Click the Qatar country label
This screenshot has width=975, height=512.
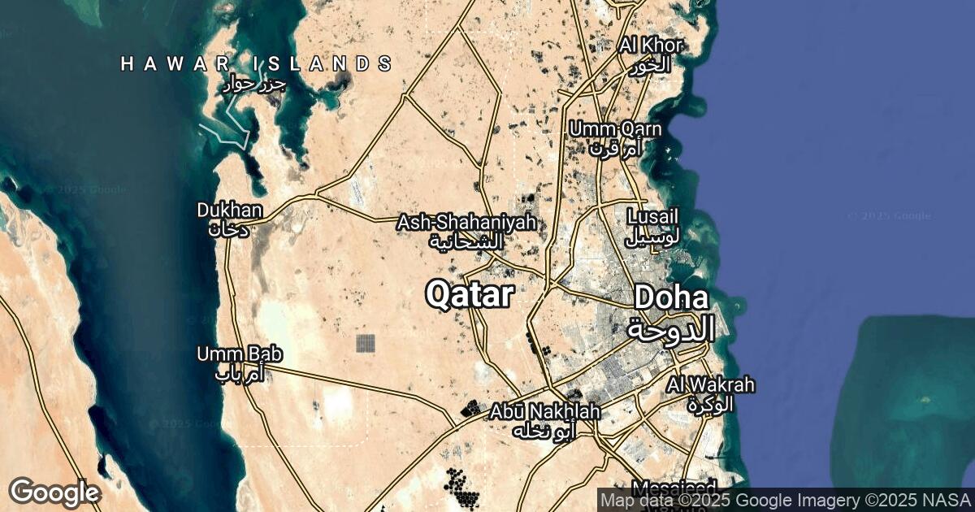pyautogui.click(x=470, y=295)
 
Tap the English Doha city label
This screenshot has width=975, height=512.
pyautogui.click(x=670, y=297)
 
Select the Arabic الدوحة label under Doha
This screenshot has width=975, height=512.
pyautogui.click(x=670, y=328)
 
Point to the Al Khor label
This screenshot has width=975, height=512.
pyautogui.click(x=650, y=45)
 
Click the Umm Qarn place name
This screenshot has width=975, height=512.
pyautogui.click(x=615, y=129)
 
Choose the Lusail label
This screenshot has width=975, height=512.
pyautogui.click(x=652, y=217)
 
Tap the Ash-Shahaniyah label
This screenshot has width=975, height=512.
pyautogui.click(x=466, y=223)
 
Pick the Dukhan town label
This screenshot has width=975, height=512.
pyautogui.click(x=230, y=210)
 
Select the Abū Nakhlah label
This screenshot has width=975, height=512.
pyautogui.click(x=544, y=412)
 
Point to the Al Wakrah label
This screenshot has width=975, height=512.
pyautogui.click(x=712, y=384)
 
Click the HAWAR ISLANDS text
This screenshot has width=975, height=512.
pyautogui.click(x=256, y=63)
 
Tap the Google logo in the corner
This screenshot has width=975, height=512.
pyautogui.click(x=54, y=492)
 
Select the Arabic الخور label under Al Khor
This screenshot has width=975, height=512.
pyautogui.click(x=652, y=65)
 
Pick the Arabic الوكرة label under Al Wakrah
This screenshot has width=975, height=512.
pyautogui.click(x=711, y=403)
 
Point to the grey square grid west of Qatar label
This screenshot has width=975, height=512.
pyautogui.click(x=366, y=343)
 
